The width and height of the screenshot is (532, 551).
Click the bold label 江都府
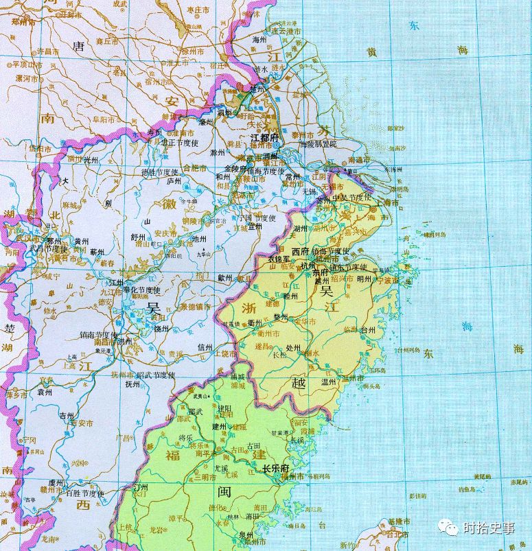tap(265, 138)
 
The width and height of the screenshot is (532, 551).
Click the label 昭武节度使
tap(155, 375)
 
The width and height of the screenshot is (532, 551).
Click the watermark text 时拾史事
tap(488, 528)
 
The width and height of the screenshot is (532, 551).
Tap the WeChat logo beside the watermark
tap(450, 527)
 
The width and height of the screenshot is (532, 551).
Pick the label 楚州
tap(257, 89)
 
